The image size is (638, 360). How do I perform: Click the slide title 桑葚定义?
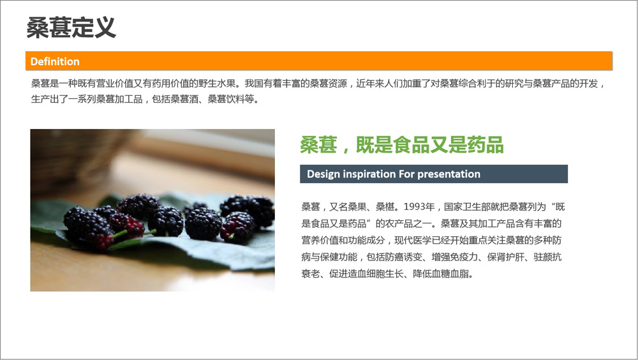tap(71, 27)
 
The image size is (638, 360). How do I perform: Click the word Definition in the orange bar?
tap(55, 61)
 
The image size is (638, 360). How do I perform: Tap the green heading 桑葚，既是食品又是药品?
tap(402, 144)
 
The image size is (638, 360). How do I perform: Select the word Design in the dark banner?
tap(323, 174)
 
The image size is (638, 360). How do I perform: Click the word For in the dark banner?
tap(406, 174)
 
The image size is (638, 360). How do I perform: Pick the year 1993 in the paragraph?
tap(414, 207)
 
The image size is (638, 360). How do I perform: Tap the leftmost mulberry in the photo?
tap(87, 225)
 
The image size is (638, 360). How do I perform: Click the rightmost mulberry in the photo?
tap(256, 210)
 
